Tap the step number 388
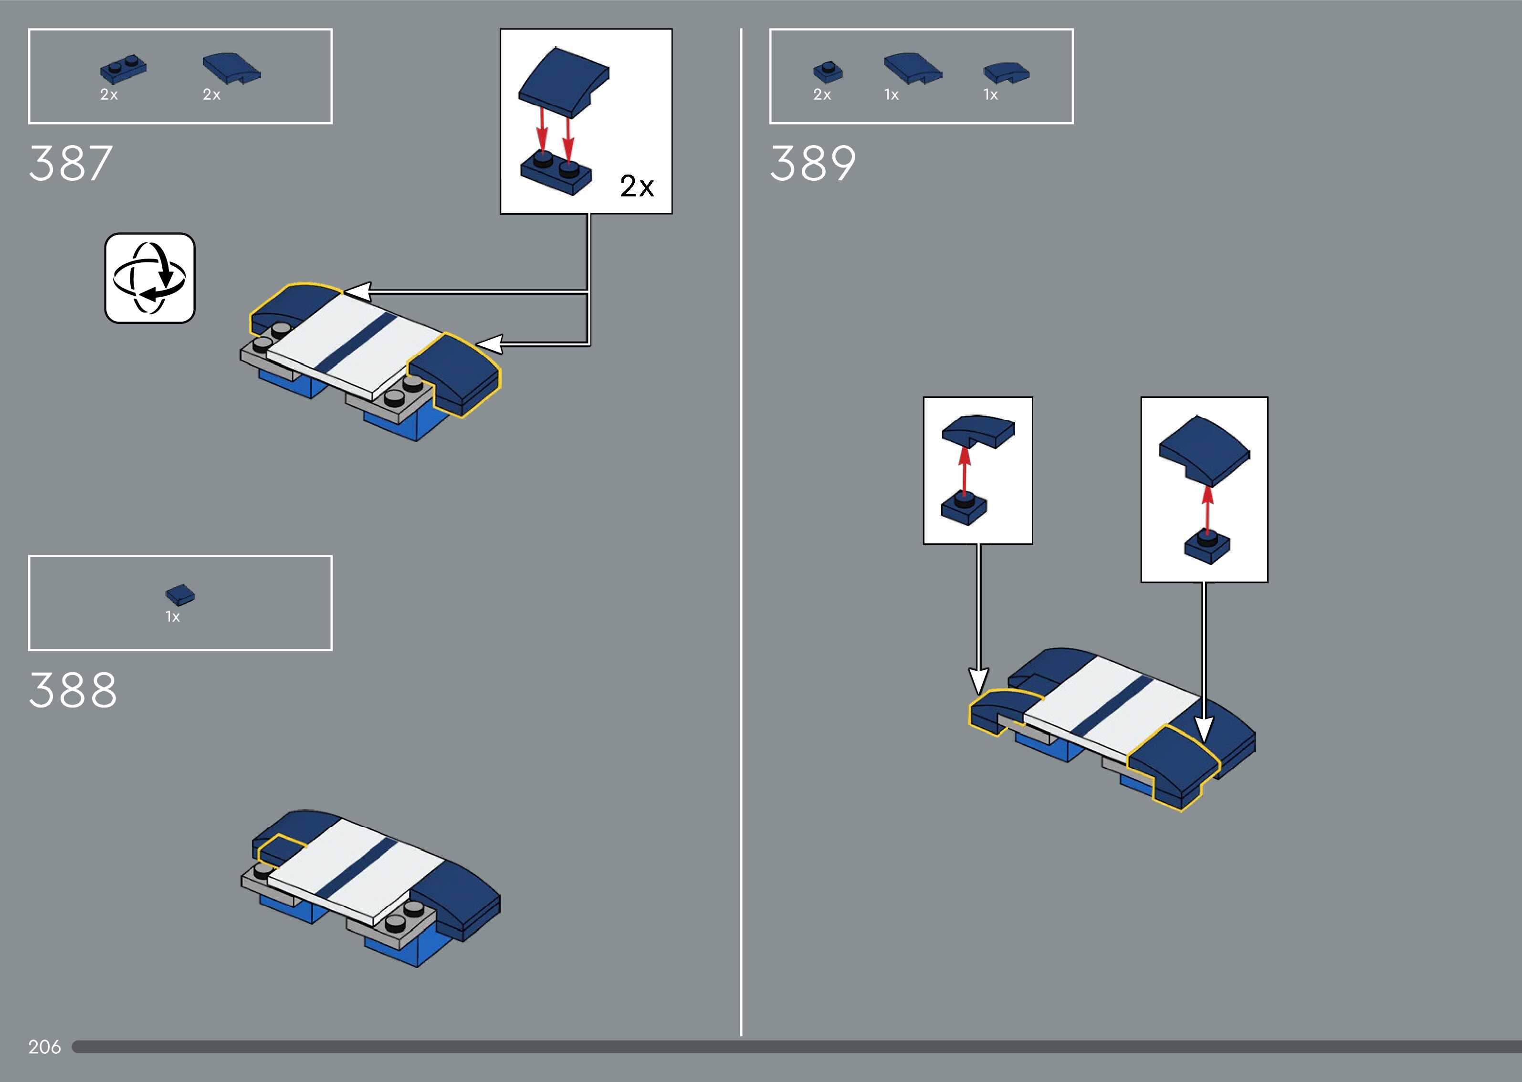click(x=73, y=690)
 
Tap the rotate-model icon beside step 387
click(x=150, y=278)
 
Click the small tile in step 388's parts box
click(x=180, y=594)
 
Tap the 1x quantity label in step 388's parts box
click(x=173, y=616)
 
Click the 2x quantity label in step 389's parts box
click(x=822, y=94)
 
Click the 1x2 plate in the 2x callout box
click(x=556, y=173)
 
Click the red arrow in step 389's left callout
click(x=964, y=471)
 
